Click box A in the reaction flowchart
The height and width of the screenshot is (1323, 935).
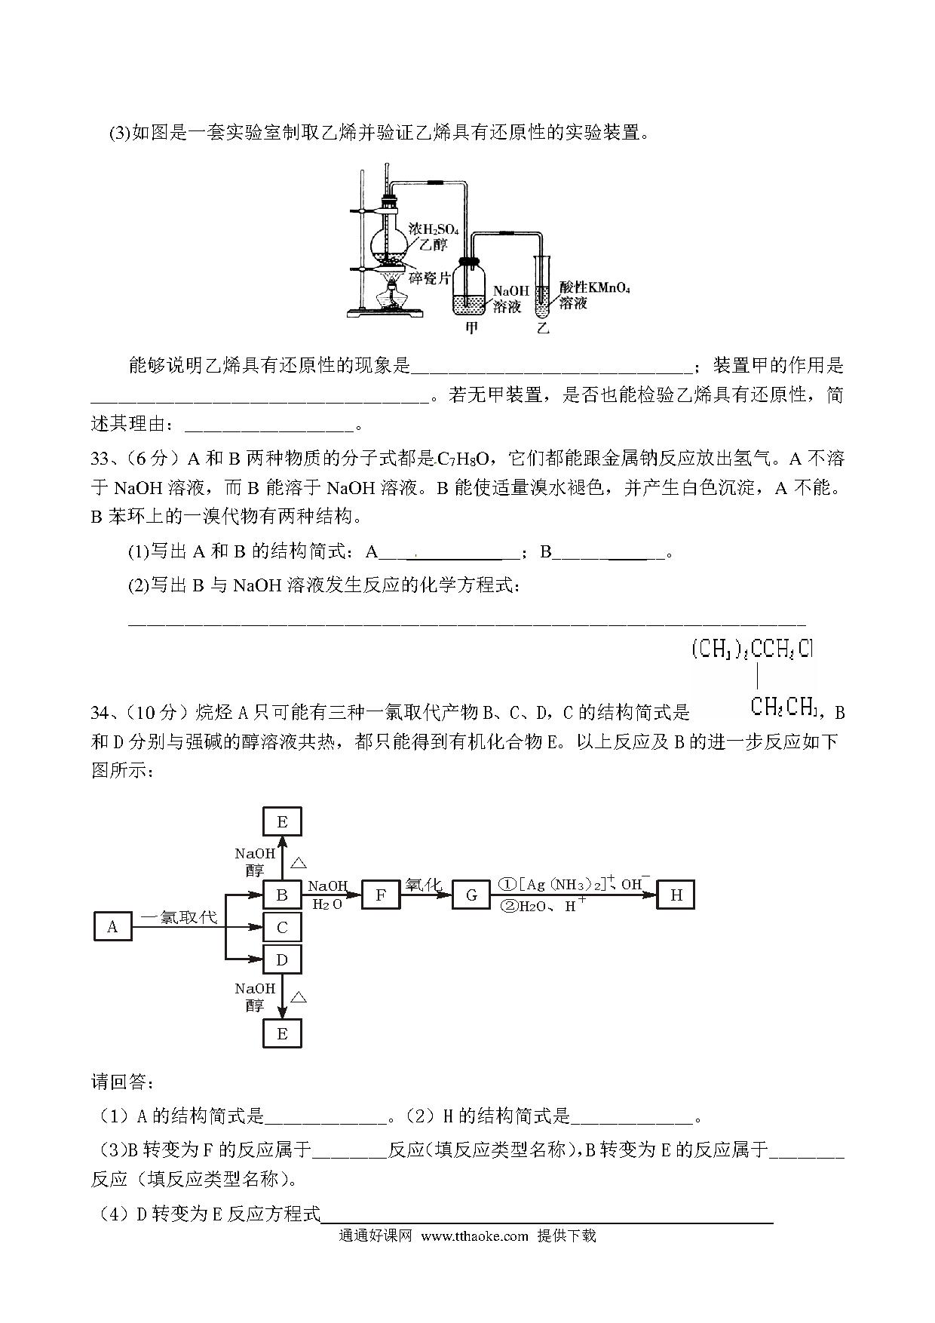112,926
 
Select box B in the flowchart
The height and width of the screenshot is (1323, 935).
282,895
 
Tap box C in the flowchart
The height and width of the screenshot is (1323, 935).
282,927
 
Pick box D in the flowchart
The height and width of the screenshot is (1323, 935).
282,959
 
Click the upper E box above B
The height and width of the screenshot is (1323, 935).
282,821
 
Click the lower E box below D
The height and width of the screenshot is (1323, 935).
282,1033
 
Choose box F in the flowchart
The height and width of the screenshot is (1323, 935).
381,895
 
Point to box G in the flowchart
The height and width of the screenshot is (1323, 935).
471,895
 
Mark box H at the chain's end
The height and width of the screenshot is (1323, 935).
676,895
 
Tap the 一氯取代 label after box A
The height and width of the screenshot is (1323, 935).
179,917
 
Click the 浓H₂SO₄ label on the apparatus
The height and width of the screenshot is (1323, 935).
434,228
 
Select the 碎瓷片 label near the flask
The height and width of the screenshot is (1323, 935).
429,278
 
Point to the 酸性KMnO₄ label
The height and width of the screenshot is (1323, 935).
594,288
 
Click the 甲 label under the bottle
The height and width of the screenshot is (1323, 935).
473,327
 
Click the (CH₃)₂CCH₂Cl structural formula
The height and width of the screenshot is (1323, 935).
753,650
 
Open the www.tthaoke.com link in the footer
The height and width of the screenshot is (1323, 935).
474,1236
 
